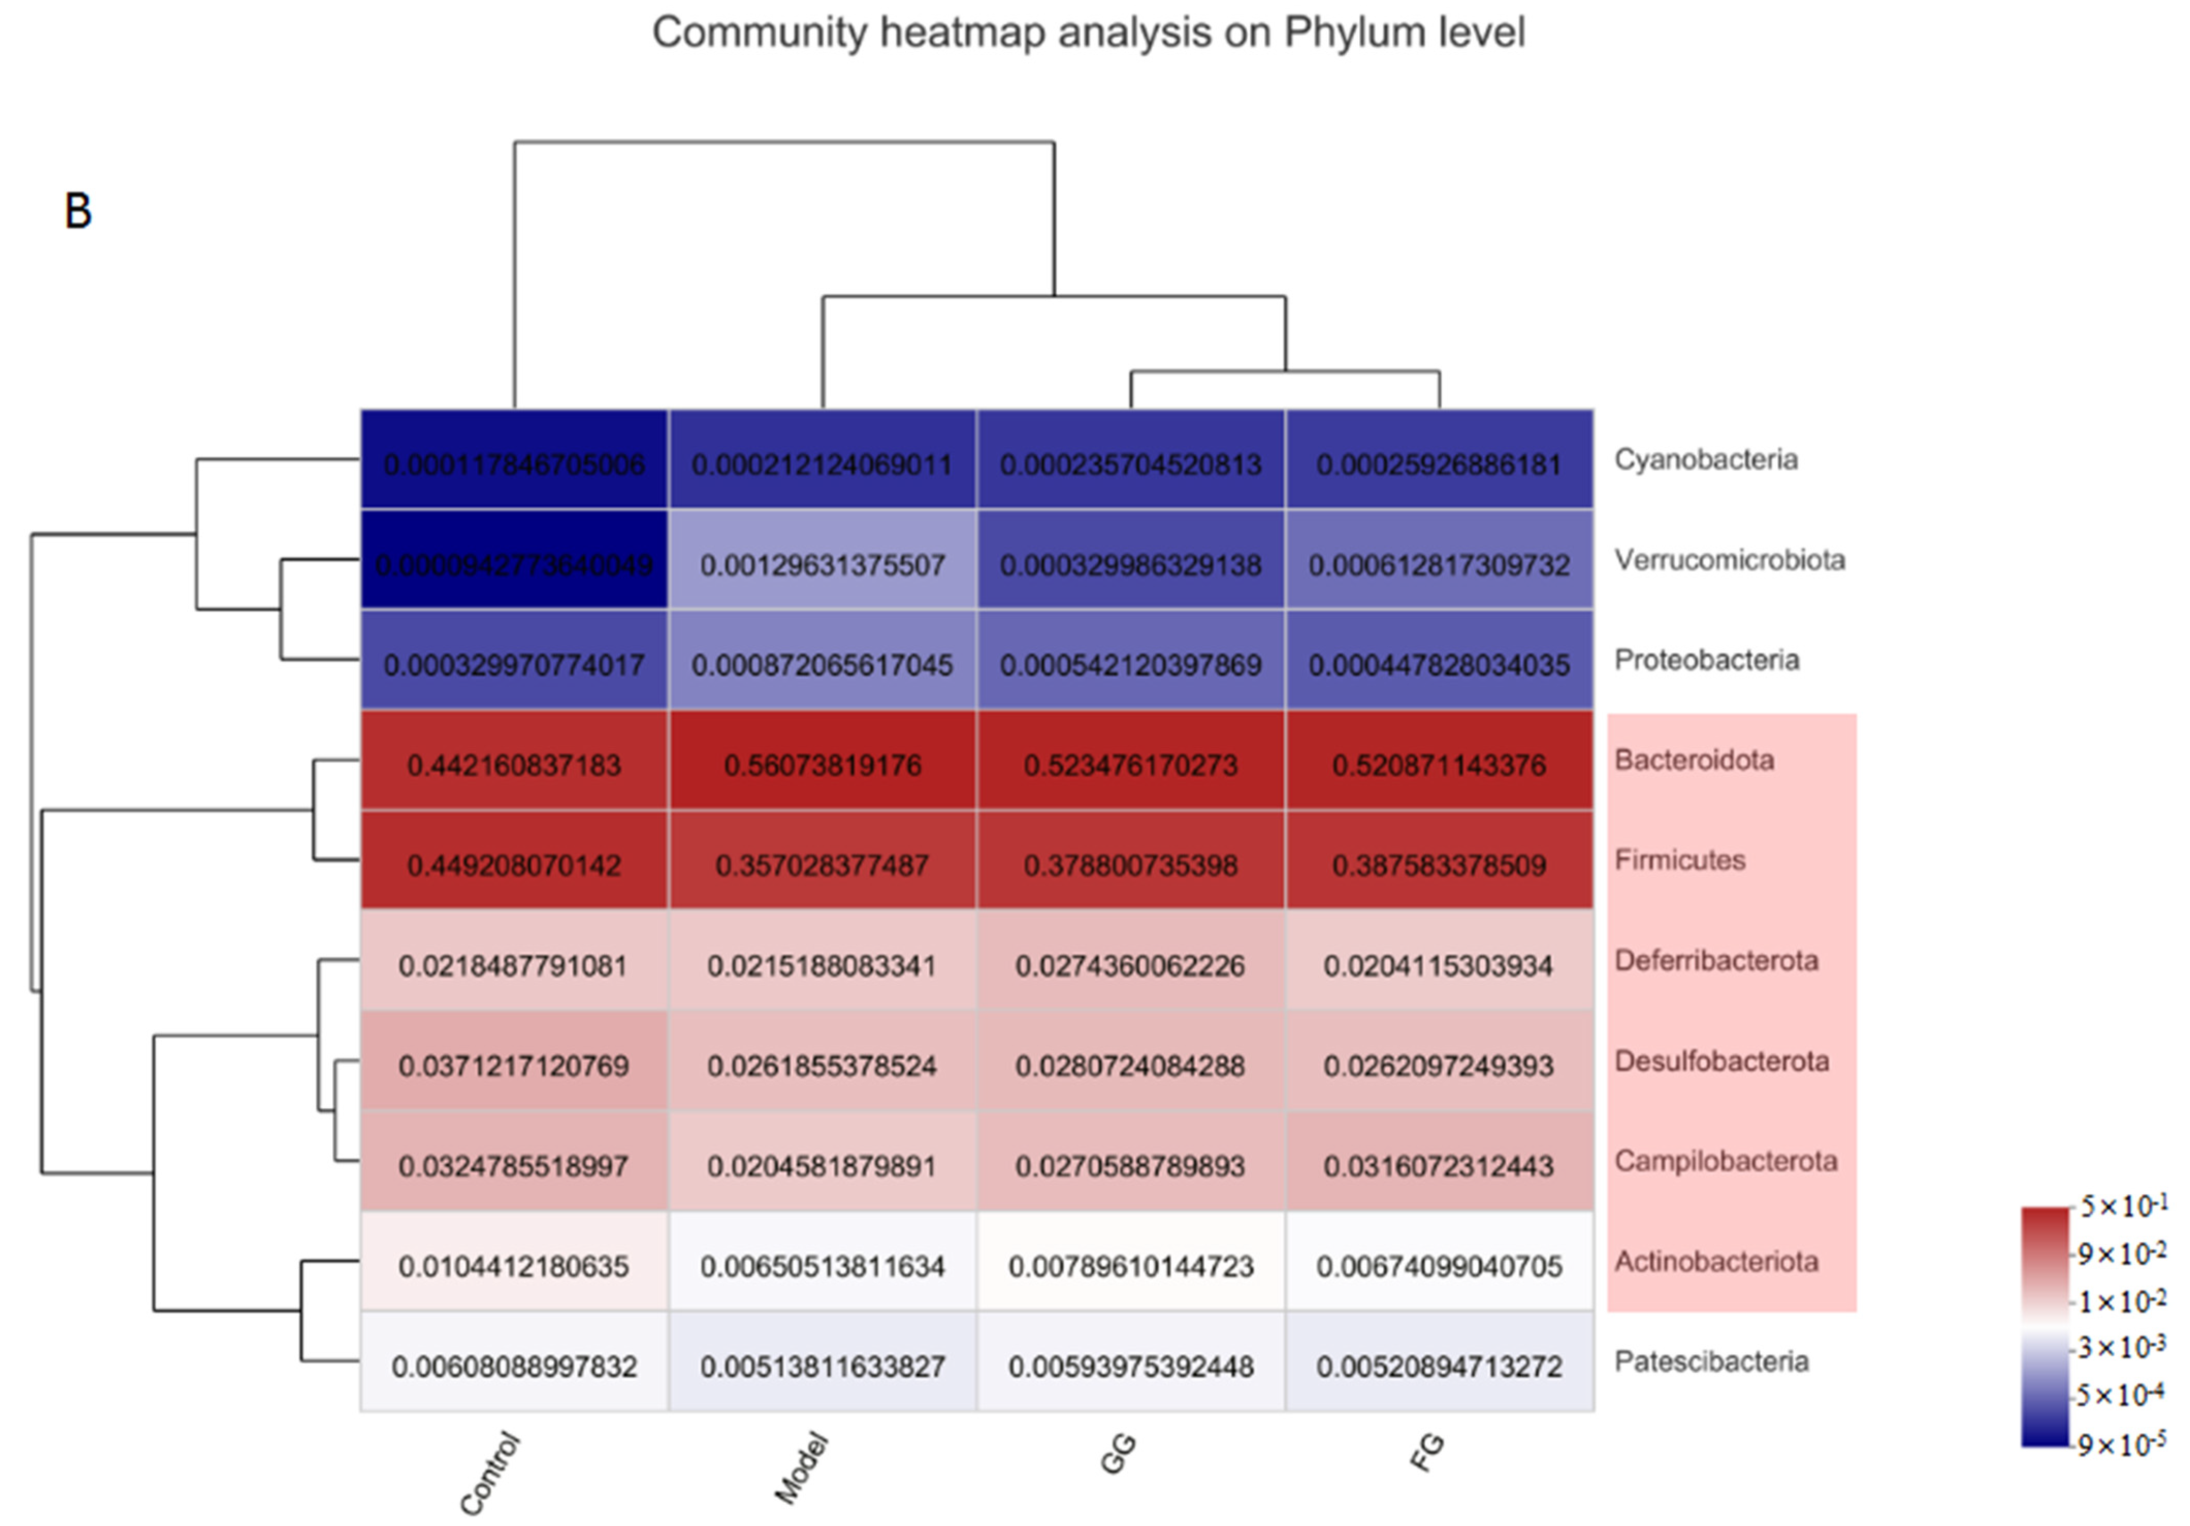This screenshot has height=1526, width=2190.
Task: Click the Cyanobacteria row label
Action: [x=1705, y=460]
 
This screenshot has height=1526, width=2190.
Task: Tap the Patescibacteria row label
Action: [x=1711, y=1361]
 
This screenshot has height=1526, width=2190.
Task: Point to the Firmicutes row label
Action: [x=1680, y=860]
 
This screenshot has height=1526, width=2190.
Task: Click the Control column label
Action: [x=490, y=1473]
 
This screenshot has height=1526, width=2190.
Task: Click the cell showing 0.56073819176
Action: [x=822, y=765]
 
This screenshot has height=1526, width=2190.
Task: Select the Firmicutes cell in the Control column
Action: [x=514, y=865]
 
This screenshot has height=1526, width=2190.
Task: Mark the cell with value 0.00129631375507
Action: [x=822, y=565]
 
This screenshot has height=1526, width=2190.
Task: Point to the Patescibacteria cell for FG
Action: [x=1439, y=1366]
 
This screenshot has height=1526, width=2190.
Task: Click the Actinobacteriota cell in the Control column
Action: [x=514, y=1265]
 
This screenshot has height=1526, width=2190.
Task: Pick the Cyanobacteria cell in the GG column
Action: [x=1130, y=464]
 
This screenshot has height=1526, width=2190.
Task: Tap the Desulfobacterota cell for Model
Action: [x=822, y=1065]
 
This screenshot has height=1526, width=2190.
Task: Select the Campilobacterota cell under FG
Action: [x=1439, y=1165]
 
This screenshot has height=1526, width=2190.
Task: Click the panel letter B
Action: [x=78, y=211]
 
